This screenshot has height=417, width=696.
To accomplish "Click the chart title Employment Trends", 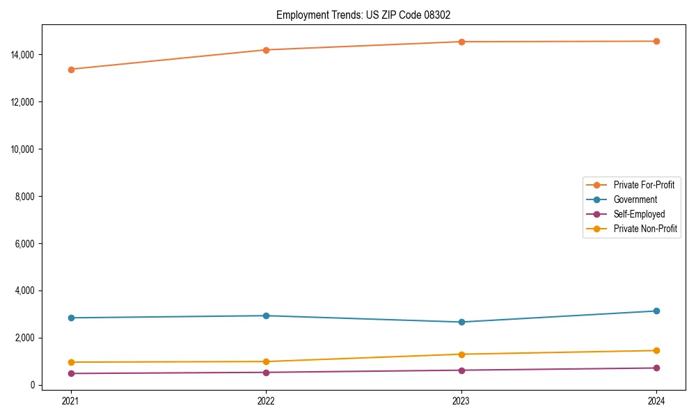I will (x=368, y=15).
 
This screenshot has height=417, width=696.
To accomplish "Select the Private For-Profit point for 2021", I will (x=70, y=69).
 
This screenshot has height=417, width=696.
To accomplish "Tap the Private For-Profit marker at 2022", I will (x=266, y=50).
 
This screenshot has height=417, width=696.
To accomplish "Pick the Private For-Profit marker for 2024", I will (x=656, y=41).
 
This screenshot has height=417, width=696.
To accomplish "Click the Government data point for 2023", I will (x=461, y=322).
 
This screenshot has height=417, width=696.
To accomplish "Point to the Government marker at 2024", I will (x=656, y=311).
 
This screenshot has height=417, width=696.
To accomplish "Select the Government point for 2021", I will (x=70, y=318).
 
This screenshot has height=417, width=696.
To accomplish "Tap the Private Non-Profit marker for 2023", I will (x=461, y=354).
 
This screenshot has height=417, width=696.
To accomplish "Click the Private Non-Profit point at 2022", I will (x=266, y=361).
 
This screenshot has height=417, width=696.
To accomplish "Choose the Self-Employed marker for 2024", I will (x=656, y=368).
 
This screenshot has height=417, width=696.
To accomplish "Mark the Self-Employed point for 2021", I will (x=70, y=373).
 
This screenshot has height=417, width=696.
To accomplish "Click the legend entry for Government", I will (x=635, y=199).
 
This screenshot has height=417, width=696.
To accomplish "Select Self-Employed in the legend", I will (x=639, y=214).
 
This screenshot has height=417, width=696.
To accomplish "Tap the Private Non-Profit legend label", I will (x=645, y=229).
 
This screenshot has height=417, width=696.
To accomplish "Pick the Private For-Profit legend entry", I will (x=644, y=185).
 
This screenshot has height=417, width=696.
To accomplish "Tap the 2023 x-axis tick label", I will (x=461, y=401).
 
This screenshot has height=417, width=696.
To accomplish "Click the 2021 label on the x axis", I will (x=70, y=401).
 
